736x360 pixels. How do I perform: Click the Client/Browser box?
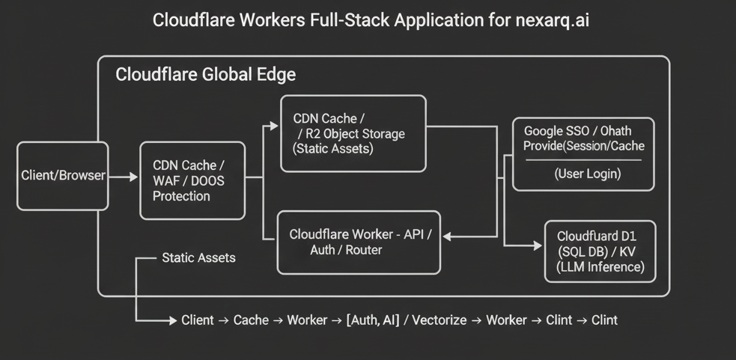tap(63, 176)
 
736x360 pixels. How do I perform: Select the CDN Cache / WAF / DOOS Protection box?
tap(192, 180)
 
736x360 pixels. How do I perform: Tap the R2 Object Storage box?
tap(353, 133)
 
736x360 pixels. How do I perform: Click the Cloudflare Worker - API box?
tap(359, 242)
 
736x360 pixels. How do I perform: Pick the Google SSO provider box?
tap(583, 153)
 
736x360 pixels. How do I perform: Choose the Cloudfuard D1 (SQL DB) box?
tap(600, 251)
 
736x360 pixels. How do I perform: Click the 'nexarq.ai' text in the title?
tap(553, 20)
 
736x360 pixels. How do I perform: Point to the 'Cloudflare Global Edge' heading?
tap(205, 75)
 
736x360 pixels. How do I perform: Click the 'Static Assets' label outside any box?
tap(198, 258)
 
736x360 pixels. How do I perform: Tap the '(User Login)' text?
tap(588, 174)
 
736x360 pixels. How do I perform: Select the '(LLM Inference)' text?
tap(600, 267)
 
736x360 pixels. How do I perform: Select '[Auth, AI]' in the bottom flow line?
tap(373, 320)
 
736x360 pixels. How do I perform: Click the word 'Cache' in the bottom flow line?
tap(251, 320)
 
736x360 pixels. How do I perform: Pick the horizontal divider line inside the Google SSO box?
tap(583, 160)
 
